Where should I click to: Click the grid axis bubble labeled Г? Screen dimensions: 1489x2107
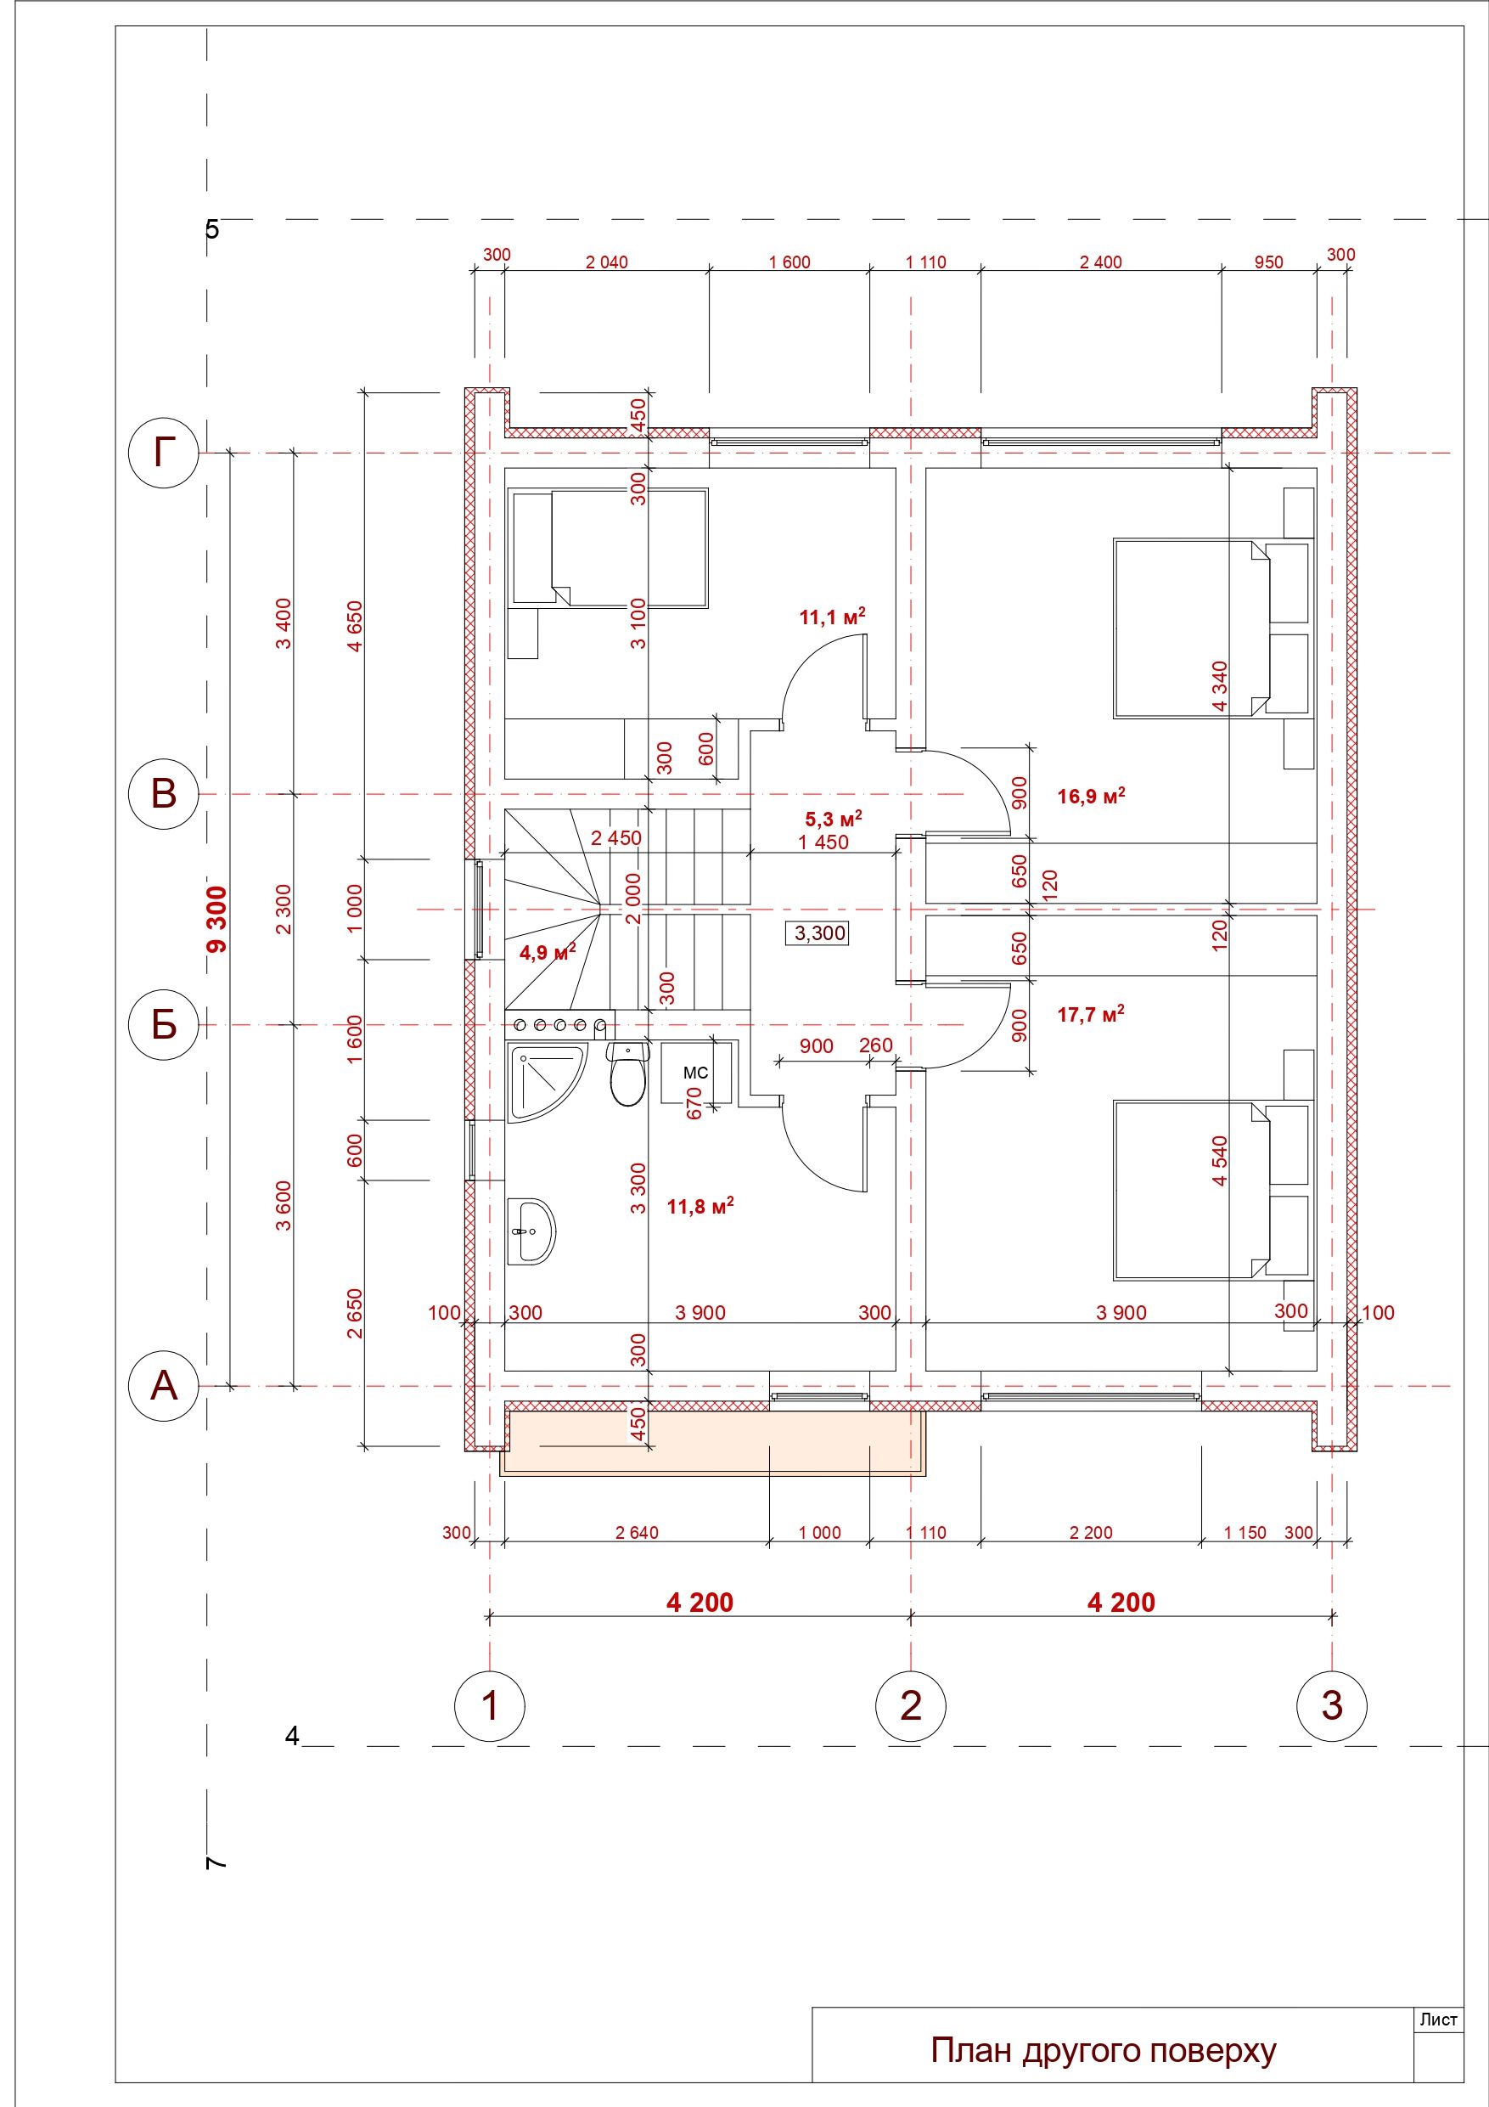click(x=163, y=453)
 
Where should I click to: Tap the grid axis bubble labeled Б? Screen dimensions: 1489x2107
click(x=163, y=1024)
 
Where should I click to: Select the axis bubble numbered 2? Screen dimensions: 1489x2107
click(x=911, y=1705)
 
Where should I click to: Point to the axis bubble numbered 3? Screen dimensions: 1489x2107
click(x=1331, y=1705)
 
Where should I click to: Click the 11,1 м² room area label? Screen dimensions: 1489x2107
click(x=832, y=617)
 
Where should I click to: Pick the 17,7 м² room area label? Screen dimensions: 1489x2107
click(x=1091, y=1014)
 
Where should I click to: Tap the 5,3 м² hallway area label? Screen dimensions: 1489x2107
click(x=833, y=818)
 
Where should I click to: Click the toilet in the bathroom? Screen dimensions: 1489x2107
click(x=627, y=1077)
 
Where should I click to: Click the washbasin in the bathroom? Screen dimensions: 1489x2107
click(x=531, y=1231)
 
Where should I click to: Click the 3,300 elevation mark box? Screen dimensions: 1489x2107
click(x=819, y=933)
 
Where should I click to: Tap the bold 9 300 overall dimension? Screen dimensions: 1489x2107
click(x=216, y=920)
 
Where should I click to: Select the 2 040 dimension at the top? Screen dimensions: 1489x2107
click(x=606, y=262)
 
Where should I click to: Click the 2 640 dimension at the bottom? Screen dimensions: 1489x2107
click(x=637, y=1533)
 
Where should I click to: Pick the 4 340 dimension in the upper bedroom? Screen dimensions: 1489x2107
click(x=1219, y=685)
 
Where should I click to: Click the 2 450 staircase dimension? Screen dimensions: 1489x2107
click(x=615, y=838)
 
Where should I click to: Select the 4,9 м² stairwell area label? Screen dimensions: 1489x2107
click(x=548, y=953)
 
